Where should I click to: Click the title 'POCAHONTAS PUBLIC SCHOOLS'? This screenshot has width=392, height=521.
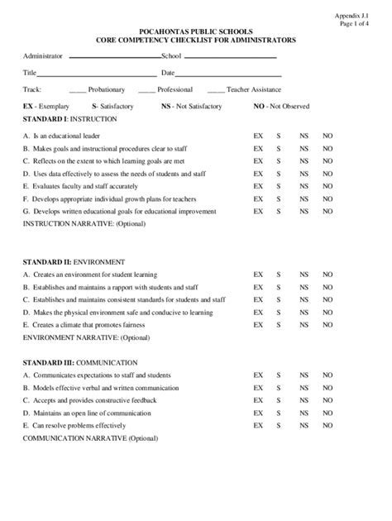[x=195, y=31]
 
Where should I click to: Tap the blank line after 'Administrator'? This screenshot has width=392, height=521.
[x=114, y=57]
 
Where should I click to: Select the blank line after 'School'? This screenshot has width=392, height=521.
[x=229, y=57]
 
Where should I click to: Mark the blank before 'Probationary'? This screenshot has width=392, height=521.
[x=78, y=91]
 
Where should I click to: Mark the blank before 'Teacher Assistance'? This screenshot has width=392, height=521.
[x=215, y=91]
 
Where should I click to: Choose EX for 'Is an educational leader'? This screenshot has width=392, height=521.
[x=258, y=135]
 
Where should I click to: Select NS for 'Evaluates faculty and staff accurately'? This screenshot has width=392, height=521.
[x=304, y=186]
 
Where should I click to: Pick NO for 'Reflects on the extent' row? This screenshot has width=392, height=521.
[x=327, y=160]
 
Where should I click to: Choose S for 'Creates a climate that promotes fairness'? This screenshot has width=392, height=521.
[x=279, y=325]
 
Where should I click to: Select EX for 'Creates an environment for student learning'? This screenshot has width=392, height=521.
[x=258, y=275]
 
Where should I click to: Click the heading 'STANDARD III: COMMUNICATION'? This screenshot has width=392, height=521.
[x=80, y=362]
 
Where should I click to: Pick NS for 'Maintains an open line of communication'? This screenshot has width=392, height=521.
[x=304, y=413]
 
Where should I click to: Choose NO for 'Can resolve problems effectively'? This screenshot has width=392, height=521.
[x=327, y=425]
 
